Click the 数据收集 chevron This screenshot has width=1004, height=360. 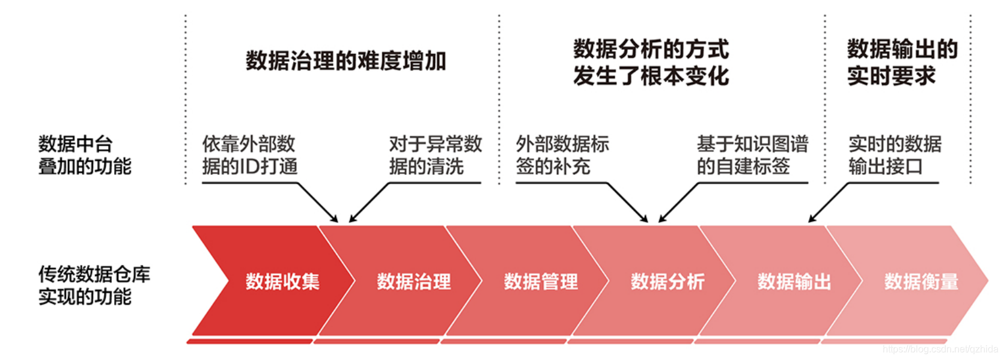coord(282,281)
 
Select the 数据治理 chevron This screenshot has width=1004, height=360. coord(414,281)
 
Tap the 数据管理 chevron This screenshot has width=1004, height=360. coord(541,281)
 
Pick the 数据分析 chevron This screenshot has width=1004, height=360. coord(668,281)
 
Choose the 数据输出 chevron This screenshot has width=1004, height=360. coord(794,281)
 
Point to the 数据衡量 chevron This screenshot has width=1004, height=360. coord(921,281)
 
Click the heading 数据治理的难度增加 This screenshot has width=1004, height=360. coord(345,61)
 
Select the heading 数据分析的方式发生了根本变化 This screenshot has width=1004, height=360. coord(651,63)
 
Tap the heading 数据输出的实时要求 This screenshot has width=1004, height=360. coord(902,63)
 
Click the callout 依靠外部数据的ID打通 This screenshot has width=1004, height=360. coord(249,155)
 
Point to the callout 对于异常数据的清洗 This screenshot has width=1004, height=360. coord(435,155)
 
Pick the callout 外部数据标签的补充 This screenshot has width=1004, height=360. coord(562,155)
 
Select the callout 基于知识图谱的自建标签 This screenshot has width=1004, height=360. coord(752,155)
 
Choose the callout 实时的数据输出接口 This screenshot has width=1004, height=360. coord(895,155)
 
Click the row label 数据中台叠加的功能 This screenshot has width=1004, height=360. coord(85,155)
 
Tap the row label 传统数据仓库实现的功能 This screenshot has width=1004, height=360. coord(94,285)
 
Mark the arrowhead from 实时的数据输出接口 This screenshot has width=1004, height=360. coord(812,219)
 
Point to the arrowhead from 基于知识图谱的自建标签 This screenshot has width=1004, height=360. coord(662,219)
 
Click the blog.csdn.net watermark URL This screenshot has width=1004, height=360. coord(940,349)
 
